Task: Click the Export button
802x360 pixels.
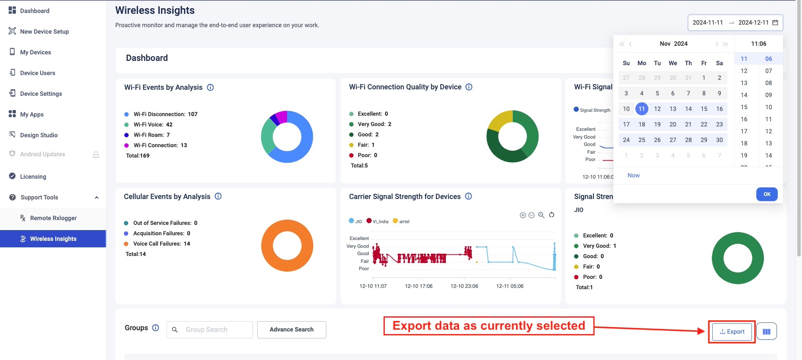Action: tap(732, 332)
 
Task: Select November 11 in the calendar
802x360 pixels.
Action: tap(641, 109)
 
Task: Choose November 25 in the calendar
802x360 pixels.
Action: tap(641, 140)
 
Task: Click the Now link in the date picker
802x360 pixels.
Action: tap(633, 175)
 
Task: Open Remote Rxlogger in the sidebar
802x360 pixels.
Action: tap(53, 218)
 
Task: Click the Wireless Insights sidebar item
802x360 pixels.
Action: tap(53, 239)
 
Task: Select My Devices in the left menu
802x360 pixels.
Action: tap(35, 52)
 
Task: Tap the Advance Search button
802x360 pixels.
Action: tap(291, 329)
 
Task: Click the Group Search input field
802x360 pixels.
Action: tap(216, 330)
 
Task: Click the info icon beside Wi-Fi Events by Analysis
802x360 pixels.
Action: tap(210, 87)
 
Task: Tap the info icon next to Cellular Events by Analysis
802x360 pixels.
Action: tap(218, 196)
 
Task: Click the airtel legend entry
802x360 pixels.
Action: tap(401, 221)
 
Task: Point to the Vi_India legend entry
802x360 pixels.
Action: tap(378, 221)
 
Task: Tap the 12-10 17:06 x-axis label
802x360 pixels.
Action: tap(418, 286)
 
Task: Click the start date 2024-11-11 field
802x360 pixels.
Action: tap(707, 22)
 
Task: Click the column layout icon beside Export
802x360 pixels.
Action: tap(766, 332)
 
